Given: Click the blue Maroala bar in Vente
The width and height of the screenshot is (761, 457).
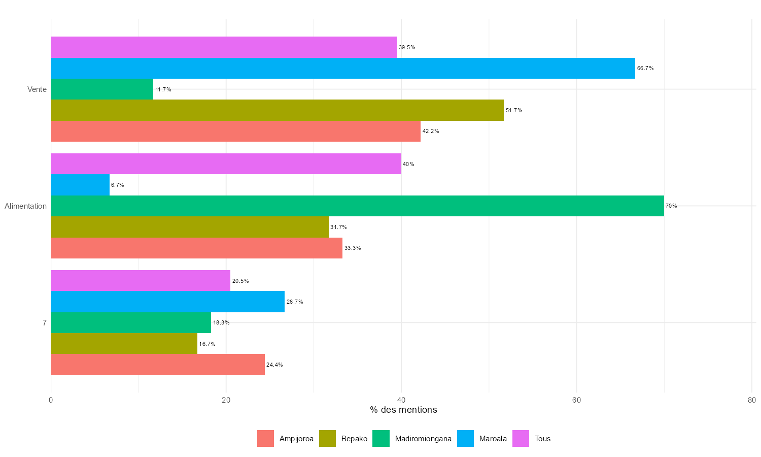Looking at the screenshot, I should coord(343,68).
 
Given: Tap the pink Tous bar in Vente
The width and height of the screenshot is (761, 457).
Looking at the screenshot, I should coord(224,47).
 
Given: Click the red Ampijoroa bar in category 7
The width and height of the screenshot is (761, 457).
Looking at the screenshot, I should coord(158,365).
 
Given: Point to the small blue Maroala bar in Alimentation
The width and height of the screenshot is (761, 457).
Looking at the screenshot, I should coord(80,185).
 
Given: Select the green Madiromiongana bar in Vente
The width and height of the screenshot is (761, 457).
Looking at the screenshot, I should coord(102,89).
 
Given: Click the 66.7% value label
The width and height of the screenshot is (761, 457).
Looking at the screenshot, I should coord(645,69).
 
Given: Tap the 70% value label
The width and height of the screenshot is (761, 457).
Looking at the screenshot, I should coord(671,206).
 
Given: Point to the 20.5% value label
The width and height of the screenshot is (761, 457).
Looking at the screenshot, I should coord(240,281).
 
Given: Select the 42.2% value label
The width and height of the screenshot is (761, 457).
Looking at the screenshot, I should coord(431,132).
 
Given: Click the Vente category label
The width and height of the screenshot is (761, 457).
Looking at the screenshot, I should coord(37,89).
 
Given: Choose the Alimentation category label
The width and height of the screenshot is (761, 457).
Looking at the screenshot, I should coord(26,206).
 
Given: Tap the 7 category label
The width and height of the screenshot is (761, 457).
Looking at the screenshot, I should coord(45,323).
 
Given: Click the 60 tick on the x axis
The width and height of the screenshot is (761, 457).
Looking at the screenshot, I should coord(576,400).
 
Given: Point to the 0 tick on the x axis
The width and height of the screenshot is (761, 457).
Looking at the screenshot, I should coord(51,400).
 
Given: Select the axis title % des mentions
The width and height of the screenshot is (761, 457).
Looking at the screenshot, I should coord(403,410).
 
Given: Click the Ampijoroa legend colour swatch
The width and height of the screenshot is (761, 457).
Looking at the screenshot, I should coord(265,439).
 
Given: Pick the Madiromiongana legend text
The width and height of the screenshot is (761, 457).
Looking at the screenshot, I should coord(423,439).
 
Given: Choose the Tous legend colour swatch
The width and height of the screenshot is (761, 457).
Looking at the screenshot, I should coord(521,439).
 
